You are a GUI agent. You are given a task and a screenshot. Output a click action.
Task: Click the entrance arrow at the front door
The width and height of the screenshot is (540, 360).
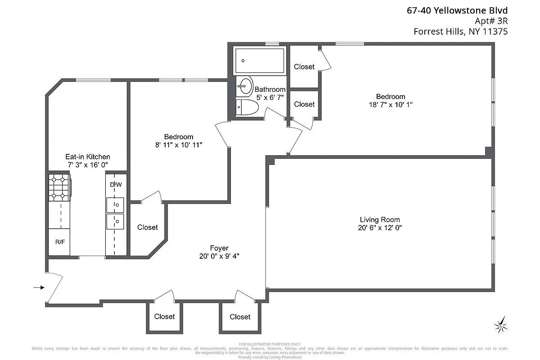click(39, 287)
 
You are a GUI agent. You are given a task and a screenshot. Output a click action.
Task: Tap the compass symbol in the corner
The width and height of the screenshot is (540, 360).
click(500, 324)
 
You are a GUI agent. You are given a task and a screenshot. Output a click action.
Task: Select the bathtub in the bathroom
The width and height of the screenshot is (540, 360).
click(260, 61)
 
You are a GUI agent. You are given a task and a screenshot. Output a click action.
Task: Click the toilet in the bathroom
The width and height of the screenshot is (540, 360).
click(247, 108)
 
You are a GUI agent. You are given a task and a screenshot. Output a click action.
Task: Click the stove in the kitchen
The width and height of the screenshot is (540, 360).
click(59, 187)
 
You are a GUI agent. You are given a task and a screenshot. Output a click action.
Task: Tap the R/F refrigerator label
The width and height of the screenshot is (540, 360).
click(59, 242)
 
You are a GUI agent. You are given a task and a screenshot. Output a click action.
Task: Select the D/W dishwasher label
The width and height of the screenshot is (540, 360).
click(116, 184)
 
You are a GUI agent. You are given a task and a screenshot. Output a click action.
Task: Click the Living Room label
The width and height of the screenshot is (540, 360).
click(379, 220)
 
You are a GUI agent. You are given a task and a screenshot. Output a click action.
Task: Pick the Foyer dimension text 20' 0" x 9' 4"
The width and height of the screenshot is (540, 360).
click(219, 256)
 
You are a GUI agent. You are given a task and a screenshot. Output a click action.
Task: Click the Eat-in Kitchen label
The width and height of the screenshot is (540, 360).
click(87, 157)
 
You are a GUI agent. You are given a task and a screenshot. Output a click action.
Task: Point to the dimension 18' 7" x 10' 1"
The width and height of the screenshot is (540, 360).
click(390, 104)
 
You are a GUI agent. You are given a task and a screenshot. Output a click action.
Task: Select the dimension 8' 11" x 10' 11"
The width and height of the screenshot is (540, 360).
click(179, 145)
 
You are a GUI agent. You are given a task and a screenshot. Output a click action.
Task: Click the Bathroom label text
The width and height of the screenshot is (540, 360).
click(270, 90)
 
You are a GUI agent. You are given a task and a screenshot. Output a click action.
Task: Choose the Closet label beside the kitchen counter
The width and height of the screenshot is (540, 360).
click(148, 227)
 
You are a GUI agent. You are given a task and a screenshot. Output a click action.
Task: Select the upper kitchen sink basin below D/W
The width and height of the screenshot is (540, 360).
click(116, 205)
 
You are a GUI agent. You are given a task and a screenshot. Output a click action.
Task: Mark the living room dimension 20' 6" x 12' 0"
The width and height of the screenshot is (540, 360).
click(379, 228)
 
